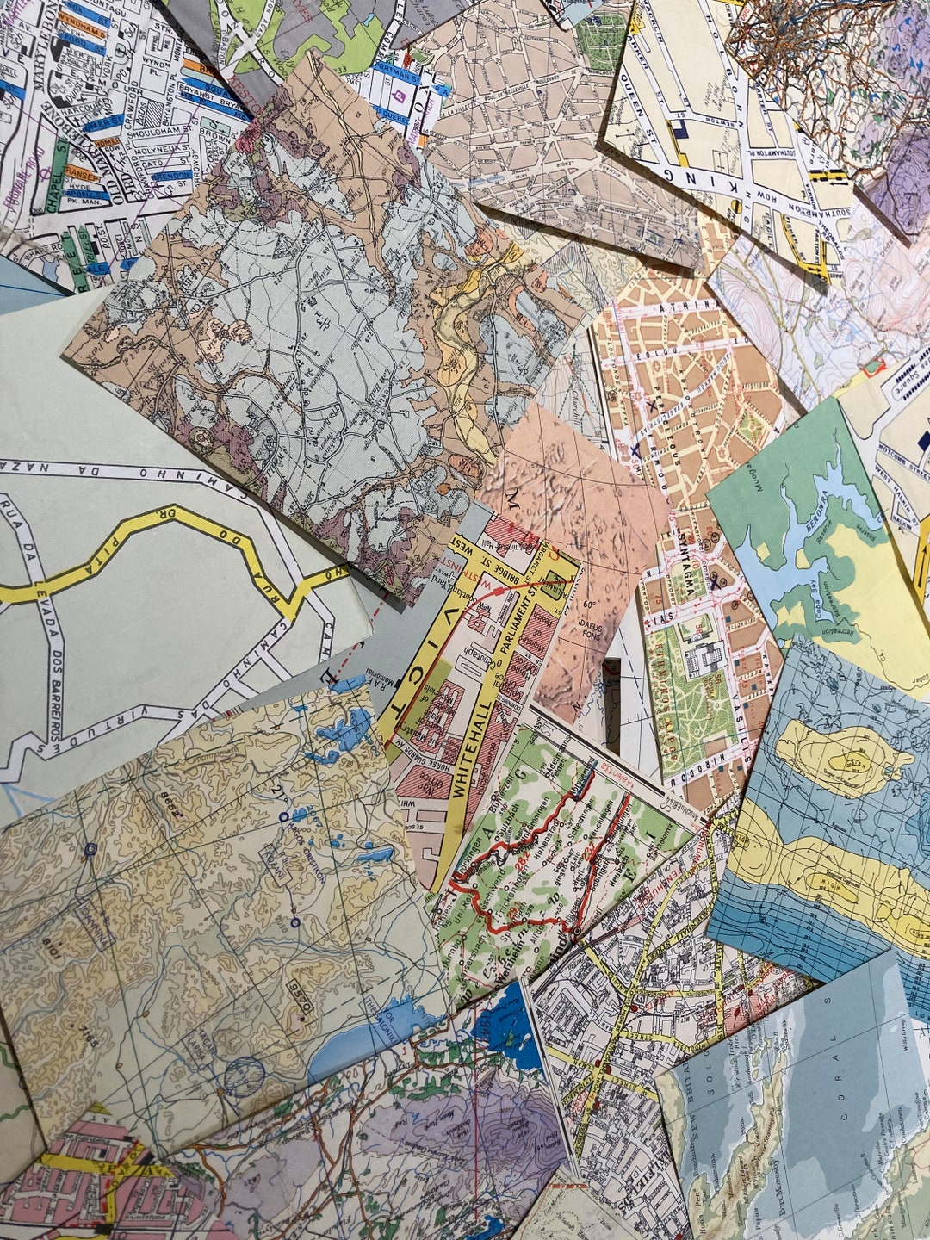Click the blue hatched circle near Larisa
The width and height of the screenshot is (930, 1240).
(x=244, y=1076)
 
